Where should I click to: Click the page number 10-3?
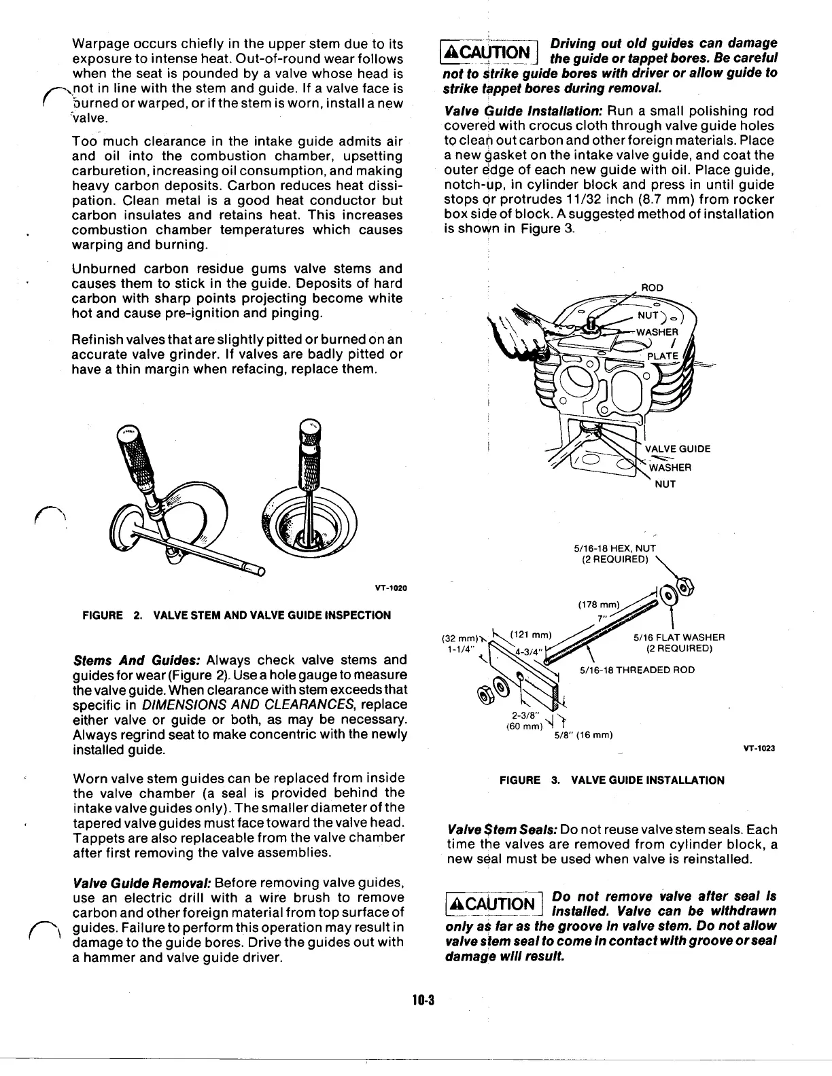pos(423,999)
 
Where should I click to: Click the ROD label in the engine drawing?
pos(652,288)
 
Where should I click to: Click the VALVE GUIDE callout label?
pos(677,448)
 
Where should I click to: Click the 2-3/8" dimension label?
pos(523,715)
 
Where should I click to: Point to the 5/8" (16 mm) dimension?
pos(584,734)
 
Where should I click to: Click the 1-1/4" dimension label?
pos(455,648)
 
